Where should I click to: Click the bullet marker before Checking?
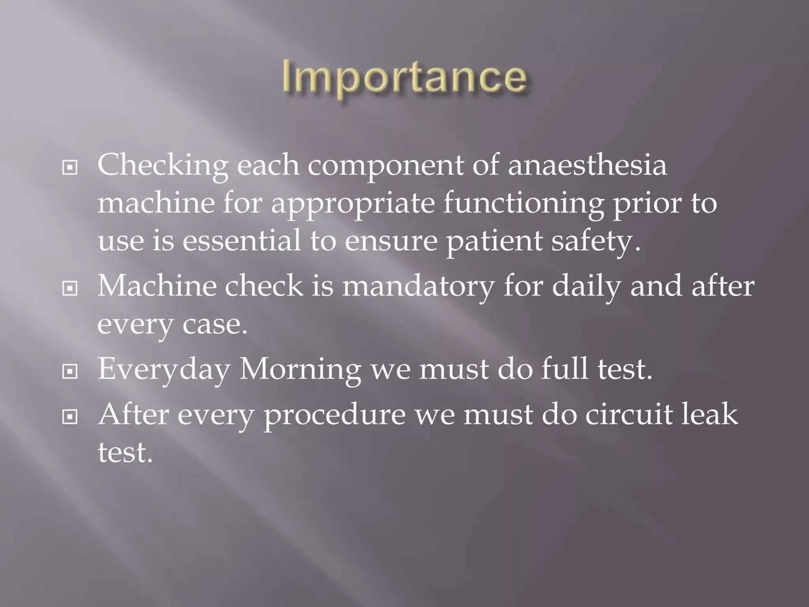coord(70,168)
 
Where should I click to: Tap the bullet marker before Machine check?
coord(70,289)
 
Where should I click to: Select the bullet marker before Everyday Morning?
coord(70,371)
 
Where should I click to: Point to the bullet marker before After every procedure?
coord(70,417)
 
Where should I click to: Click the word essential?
coord(241,241)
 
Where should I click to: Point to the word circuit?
coord(628,414)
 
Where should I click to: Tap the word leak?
coord(709,414)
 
